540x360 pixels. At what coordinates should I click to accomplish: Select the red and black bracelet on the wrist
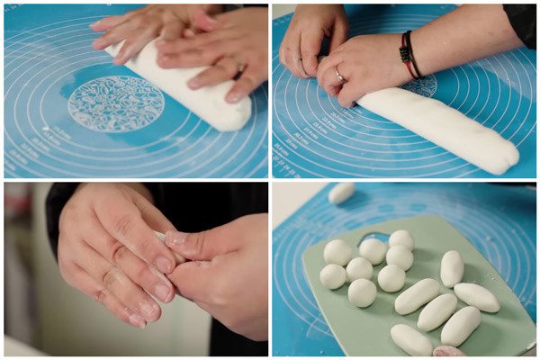[409, 56]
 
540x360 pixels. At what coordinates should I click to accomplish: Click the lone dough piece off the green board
[341, 193]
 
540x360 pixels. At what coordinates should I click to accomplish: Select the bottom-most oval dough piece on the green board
[411, 340]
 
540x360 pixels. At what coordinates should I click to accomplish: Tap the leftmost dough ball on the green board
[333, 276]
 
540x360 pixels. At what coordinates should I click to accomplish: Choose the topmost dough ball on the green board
[401, 239]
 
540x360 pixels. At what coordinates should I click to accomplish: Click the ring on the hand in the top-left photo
[240, 69]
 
